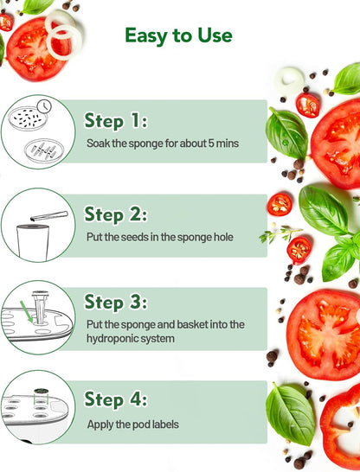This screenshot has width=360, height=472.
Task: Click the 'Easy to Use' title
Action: pos(178,36)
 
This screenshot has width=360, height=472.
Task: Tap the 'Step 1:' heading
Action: pos(116,121)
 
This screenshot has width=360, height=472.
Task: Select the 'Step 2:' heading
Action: pos(116,214)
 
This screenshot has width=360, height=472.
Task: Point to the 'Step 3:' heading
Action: pos(116,302)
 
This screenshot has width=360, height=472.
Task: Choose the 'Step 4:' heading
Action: pos(116,399)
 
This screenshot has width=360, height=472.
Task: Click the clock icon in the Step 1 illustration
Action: pos(44,106)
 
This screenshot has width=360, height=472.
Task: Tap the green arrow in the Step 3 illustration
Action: pos(27,311)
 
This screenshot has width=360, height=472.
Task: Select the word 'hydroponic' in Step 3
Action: pos(108,339)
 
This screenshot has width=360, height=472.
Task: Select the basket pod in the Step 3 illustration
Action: pos(40,308)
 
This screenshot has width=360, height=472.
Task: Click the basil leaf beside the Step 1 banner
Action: pos(286,133)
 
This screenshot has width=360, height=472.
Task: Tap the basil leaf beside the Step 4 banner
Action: pos(290,414)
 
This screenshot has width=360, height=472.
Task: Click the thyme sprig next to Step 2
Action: pos(280,234)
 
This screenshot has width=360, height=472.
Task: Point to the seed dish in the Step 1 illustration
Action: pos(28,118)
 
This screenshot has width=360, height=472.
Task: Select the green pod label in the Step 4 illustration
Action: pos(41,392)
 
